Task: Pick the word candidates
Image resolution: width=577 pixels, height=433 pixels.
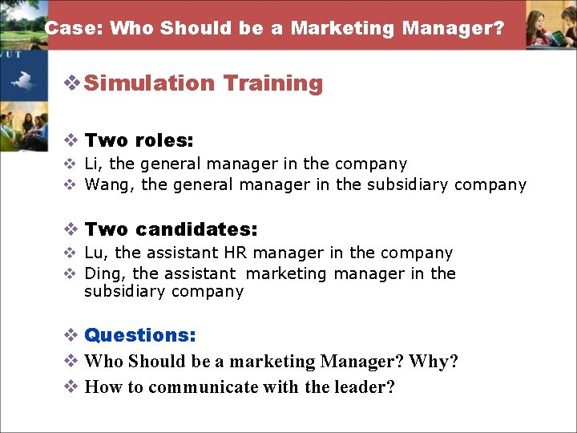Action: pyautogui.click(x=196, y=229)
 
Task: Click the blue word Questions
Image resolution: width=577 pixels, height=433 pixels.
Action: pyautogui.click(x=139, y=334)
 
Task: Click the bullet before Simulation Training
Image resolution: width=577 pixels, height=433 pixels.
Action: pyautogui.click(x=71, y=83)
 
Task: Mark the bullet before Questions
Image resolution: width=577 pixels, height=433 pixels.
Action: pyautogui.click(x=71, y=335)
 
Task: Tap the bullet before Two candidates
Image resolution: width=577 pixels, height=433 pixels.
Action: pyautogui.click(x=71, y=230)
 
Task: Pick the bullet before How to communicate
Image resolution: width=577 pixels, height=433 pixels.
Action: pyautogui.click(x=71, y=387)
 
